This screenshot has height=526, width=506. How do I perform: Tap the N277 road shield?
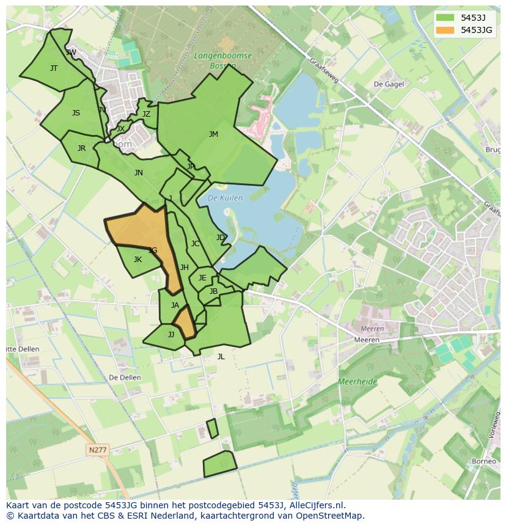point(98,450)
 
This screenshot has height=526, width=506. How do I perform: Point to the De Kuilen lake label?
point(225,198)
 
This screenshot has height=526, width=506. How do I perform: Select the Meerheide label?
point(358,382)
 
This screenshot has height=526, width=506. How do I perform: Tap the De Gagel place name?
point(388,84)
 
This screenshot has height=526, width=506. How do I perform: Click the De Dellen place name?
point(125,378)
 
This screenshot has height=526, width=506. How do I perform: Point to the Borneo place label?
point(484,461)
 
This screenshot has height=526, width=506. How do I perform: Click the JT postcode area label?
point(54,68)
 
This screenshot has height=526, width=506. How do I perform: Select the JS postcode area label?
point(76,113)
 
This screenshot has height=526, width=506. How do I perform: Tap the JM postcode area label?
point(213,134)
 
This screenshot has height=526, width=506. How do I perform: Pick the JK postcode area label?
point(137,260)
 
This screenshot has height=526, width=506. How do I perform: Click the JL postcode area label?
point(221,357)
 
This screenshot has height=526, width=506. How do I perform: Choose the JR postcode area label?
point(81,148)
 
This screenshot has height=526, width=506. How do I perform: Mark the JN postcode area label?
point(139,173)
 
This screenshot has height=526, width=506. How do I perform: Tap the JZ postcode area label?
point(146,114)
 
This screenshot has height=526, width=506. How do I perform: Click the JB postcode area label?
point(213,291)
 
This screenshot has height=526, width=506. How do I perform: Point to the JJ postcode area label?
point(171,335)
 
